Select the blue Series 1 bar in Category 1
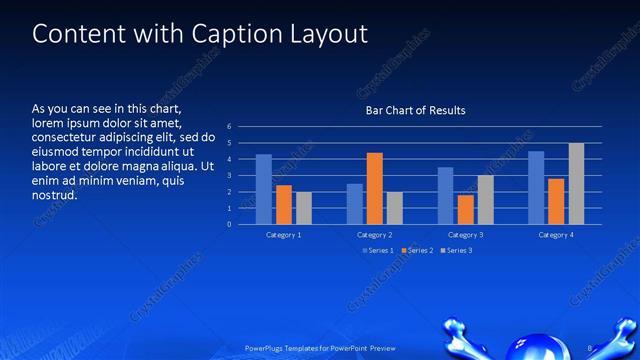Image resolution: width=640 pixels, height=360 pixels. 264,189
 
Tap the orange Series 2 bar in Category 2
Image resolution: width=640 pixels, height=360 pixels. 375,188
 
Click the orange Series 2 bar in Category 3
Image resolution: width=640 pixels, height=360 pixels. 466,209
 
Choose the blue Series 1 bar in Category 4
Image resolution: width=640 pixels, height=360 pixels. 536,187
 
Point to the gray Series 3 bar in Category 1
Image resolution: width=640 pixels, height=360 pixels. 303,208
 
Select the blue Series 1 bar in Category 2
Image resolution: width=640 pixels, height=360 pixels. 355,203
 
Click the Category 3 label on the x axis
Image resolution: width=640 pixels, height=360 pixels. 465,234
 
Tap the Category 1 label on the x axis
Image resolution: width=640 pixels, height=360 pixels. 284,234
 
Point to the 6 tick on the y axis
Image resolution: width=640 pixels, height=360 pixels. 229,127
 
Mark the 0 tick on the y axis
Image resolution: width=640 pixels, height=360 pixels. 229,224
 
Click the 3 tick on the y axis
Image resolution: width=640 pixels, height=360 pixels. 229,176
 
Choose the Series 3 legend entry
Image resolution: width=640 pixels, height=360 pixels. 458,250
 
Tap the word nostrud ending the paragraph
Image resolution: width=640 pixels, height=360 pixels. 55,194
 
